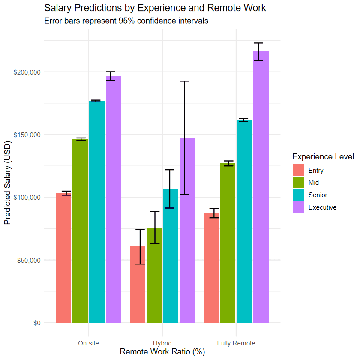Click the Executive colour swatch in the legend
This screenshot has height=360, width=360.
tap(298, 207)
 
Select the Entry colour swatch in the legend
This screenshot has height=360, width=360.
tap(298, 170)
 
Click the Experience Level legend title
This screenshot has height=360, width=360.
tap(323, 156)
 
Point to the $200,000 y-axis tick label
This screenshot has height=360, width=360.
tap(26, 72)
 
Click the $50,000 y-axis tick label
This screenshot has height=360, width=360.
tap(27, 260)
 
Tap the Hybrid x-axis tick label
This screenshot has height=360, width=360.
tap(162, 343)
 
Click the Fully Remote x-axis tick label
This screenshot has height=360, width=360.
tap(236, 343)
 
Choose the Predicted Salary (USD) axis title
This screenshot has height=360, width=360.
tap(7, 182)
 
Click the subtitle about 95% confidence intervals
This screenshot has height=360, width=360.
tap(126, 21)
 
